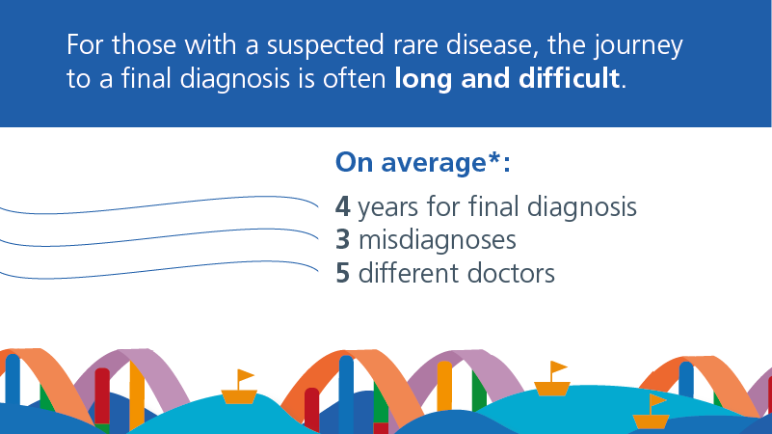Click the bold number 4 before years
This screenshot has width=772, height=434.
tap(343, 207)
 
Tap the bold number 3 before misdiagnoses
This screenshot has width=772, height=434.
tap(343, 240)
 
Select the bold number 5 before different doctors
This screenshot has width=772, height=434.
tap(343, 273)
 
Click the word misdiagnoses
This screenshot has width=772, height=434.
tap(438, 240)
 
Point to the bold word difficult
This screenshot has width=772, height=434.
tap(569, 79)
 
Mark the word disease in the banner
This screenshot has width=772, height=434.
tap(490, 45)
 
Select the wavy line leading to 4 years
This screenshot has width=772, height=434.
tap(158, 204)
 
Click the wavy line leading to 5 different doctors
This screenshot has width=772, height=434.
tap(158, 270)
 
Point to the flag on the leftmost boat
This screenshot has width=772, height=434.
tap(245, 376)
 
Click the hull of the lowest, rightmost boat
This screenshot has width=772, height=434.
tap(651, 421)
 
